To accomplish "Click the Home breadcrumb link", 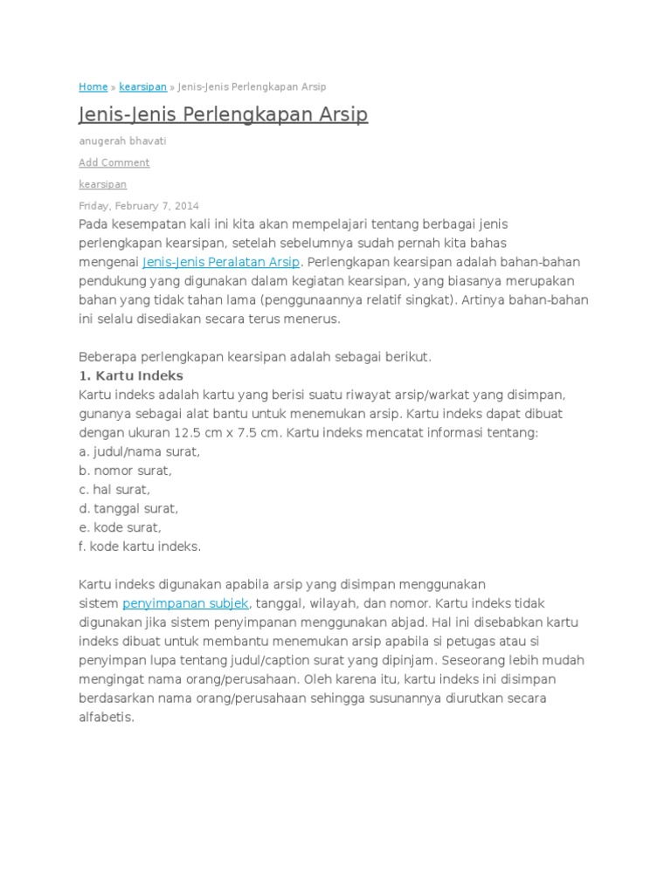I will [93, 87].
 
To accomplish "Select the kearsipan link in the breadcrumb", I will [143, 87].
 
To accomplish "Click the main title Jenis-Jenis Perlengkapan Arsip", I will [223, 115].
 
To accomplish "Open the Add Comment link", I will [114, 162].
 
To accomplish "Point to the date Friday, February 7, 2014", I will [138, 206].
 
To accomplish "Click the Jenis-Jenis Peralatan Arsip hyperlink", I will [221, 262].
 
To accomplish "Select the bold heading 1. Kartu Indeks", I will [130, 375].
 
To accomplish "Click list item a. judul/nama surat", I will [139, 451].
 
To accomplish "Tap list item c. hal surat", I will [114, 490].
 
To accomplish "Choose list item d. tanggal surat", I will [128, 508].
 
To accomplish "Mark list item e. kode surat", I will [120, 527].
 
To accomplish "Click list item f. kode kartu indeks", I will [140, 547].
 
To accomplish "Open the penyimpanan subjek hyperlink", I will [186, 603].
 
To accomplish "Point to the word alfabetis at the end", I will [107, 718].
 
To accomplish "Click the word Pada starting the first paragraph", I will [93, 224].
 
